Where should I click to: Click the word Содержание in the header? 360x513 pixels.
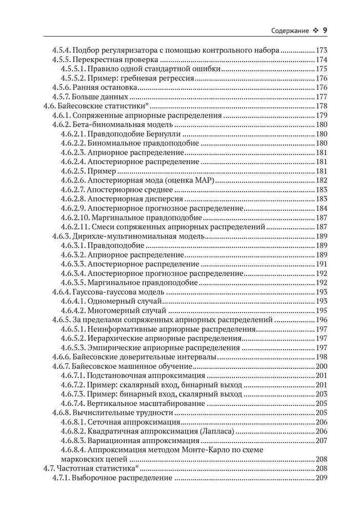click(x=289, y=31)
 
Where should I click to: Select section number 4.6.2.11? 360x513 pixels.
click(x=75, y=226)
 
